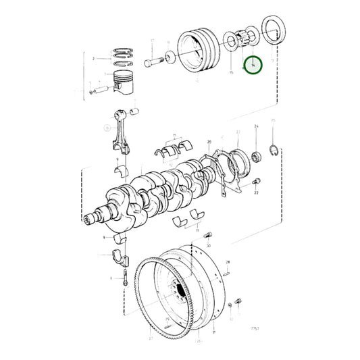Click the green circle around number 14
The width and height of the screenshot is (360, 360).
pos(253,66)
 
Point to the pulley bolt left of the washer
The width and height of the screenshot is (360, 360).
pos(153,61)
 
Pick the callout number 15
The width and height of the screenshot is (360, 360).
pos(232,72)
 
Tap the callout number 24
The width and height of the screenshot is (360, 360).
pos(256,127)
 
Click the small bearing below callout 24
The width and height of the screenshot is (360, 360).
pos(256,158)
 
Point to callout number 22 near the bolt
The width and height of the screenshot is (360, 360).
pos(257,193)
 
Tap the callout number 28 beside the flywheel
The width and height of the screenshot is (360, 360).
pos(228,261)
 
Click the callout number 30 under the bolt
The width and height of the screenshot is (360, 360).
pos(208,246)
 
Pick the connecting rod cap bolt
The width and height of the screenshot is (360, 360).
pos(126,278)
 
